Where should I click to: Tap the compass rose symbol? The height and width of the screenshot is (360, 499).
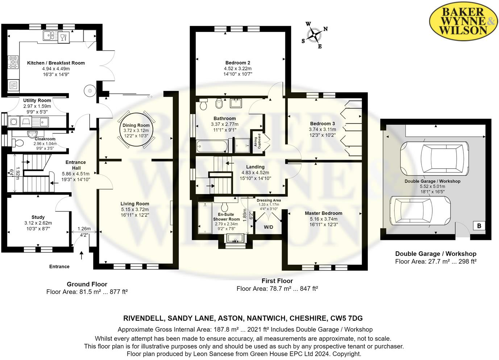[x=314, y=35]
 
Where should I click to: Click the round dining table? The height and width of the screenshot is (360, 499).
[x=136, y=129]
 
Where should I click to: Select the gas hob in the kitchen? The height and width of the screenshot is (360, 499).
[x=13, y=62]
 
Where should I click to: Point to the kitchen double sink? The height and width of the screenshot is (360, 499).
[x=49, y=36]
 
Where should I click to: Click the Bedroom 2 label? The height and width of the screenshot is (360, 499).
[x=238, y=63]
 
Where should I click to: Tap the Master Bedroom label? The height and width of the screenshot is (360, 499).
[x=324, y=213]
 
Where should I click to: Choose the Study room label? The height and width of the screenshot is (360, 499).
[x=38, y=217]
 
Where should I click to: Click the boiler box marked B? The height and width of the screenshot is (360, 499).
[x=479, y=226]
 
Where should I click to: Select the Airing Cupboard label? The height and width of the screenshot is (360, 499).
[x=257, y=141]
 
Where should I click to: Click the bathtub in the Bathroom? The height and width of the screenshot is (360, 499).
[x=211, y=146]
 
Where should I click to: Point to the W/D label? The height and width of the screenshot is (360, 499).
[x=269, y=227]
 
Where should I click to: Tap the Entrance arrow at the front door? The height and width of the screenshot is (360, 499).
[x=82, y=256]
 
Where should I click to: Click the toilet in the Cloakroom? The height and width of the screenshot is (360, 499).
[x=18, y=143]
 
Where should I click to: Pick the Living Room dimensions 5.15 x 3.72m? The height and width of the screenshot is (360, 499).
[x=135, y=210]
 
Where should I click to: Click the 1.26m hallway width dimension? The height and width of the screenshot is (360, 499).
[x=84, y=229]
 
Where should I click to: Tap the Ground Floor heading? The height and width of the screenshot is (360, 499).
[x=87, y=284]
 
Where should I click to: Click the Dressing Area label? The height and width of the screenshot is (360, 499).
[x=269, y=200]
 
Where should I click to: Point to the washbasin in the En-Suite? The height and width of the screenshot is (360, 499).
[x=236, y=238]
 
